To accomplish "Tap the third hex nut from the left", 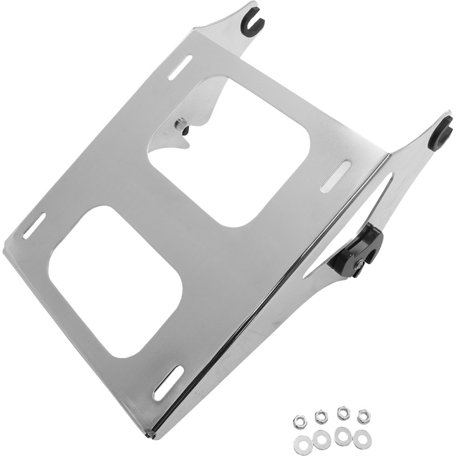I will (344, 412).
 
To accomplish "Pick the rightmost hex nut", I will (363, 417).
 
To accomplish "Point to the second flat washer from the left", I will (321, 439).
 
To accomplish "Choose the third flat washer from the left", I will (343, 437).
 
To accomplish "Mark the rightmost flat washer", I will (362, 439).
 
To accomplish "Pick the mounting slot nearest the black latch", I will (336, 176).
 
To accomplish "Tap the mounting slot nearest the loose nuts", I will (169, 382).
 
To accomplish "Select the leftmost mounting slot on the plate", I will (34, 226).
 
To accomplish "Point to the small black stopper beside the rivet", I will (186, 131).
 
